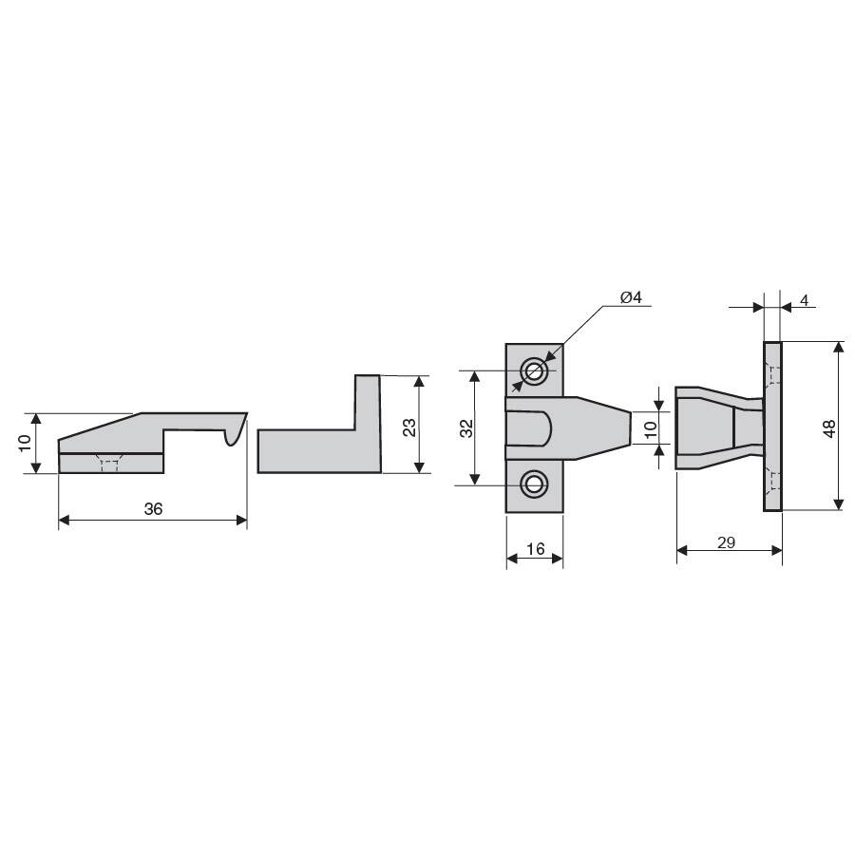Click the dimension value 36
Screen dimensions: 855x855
pos(153,509)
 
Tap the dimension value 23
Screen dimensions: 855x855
pos(408,427)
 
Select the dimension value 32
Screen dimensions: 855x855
pos(466,428)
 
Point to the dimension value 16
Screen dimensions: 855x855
pos(536,548)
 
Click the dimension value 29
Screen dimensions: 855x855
pos(727,542)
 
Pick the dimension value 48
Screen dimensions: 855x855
pos(829,428)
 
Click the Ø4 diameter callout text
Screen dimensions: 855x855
pos(632,297)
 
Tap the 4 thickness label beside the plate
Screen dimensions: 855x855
pos(805,300)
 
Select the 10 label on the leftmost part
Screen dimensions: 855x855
pos(25,443)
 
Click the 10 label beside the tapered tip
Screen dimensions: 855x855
pos(651,429)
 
